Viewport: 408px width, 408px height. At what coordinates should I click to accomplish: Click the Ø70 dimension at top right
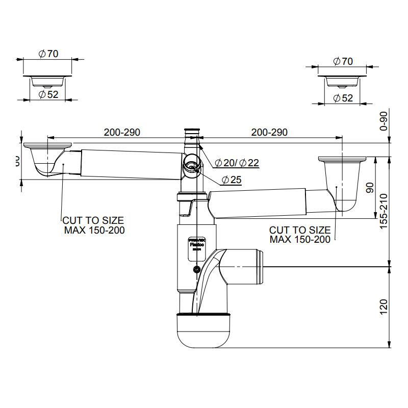pos(343,61)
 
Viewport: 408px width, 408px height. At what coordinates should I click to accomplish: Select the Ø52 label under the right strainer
pos(343,98)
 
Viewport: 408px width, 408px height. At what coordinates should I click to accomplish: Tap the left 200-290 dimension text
pos(122,133)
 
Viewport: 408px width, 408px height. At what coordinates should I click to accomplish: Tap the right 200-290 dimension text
pos(269,133)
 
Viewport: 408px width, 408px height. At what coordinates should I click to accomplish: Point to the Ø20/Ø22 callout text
pos(237,163)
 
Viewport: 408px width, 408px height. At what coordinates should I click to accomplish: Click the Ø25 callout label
pos(232,180)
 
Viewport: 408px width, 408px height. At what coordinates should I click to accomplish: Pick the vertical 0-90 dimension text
pos(384,121)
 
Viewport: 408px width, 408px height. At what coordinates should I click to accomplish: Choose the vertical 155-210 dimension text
pos(384,210)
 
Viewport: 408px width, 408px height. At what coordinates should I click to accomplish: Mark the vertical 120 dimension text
pos(384,306)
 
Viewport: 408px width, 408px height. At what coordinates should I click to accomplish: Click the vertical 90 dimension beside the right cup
pos(371,189)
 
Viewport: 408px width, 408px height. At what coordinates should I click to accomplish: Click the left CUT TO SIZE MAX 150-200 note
pos(93,225)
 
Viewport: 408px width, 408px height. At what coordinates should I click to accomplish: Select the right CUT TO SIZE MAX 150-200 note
pos(300,235)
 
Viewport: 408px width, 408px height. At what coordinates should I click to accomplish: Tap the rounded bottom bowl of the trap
pos(203,331)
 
